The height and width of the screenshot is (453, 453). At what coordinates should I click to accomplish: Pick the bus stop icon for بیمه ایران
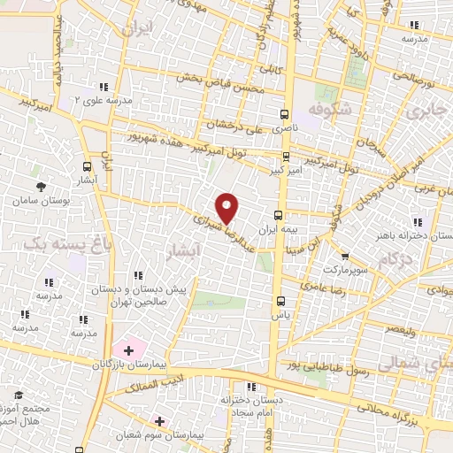(x=279, y=215)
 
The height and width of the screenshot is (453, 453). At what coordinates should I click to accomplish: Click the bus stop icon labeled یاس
(x=280, y=300)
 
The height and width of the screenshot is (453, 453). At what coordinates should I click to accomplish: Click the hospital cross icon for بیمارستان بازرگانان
(x=128, y=350)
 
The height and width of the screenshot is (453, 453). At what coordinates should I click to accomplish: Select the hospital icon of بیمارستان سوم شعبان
(x=159, y=421)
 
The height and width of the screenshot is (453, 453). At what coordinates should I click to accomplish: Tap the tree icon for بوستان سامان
(x=42, y=186)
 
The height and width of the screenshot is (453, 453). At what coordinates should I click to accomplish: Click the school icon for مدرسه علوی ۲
(x=104, y=86)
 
